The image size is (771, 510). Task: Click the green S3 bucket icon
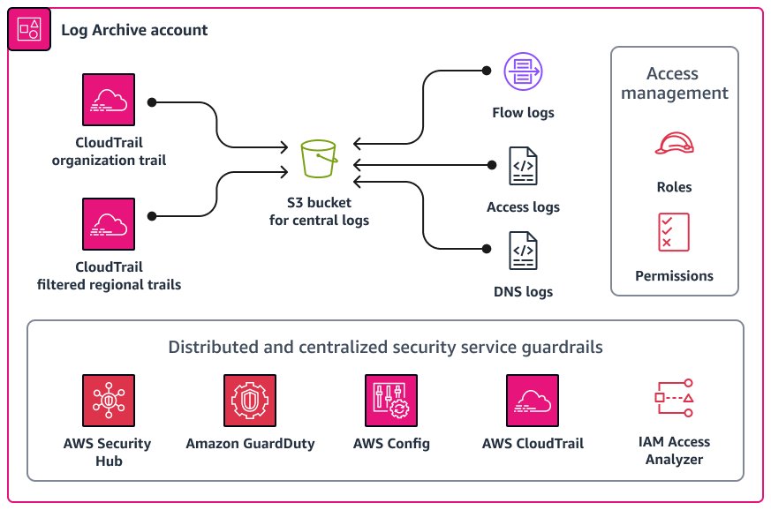click(319, 160)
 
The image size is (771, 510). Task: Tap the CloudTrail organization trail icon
click(109, 100)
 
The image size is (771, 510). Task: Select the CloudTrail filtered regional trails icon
click(109, 223)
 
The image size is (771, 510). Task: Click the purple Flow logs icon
click(522, 71)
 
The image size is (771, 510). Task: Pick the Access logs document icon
click(523, 166)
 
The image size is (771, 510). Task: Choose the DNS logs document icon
click(523, 250)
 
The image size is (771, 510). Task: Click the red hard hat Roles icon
click(674, 144)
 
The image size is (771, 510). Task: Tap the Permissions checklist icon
click(674, 231)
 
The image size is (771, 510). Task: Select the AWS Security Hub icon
click(109, 401)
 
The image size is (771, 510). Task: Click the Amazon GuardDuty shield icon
click(250, 401)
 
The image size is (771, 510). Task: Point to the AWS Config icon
click(391, 401)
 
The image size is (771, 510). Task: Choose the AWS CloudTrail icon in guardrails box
click(533, 401)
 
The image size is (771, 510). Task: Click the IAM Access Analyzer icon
click(674, 399)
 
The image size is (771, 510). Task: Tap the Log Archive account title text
click(134, 30)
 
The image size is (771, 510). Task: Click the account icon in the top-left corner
click(28, 29)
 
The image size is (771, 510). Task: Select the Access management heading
click(675, 83)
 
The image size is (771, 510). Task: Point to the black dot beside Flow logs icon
click(485, 71)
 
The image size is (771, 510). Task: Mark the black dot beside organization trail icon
click(152, 102)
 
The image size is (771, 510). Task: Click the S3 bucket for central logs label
click(319, 212)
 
